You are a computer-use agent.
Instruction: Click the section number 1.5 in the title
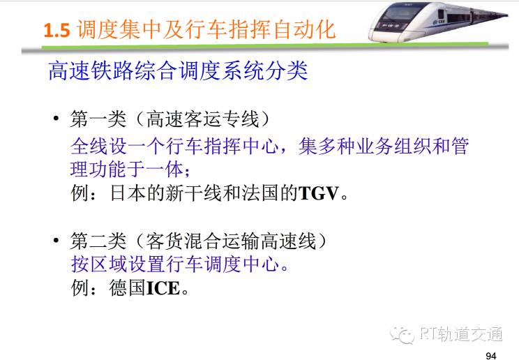coord(57,30)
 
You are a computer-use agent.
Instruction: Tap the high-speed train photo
coord(438,22)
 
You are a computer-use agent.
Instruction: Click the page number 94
coord(491,355)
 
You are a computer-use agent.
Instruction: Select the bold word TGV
coord(319,193)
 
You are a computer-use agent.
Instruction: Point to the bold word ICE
coord(163,288)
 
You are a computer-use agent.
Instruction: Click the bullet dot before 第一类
coord(57,118)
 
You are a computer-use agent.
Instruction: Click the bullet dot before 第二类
coord(57,240)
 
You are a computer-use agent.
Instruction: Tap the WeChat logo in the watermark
coord(402,334)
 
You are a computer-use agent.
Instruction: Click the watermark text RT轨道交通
coord(461,333)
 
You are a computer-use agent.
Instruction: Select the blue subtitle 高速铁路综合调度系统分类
coord(178,70)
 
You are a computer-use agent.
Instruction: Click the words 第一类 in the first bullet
coord(98,119)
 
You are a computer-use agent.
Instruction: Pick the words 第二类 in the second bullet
coord(98,241)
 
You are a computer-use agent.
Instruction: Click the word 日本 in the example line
coord(128,193)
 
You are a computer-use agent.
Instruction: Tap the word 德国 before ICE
coord(128,288)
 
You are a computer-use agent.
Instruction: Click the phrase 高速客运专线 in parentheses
coord(202,119)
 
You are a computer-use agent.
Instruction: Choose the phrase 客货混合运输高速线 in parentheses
coord(232,241)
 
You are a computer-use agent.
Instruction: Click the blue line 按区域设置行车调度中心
coord(175,264)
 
